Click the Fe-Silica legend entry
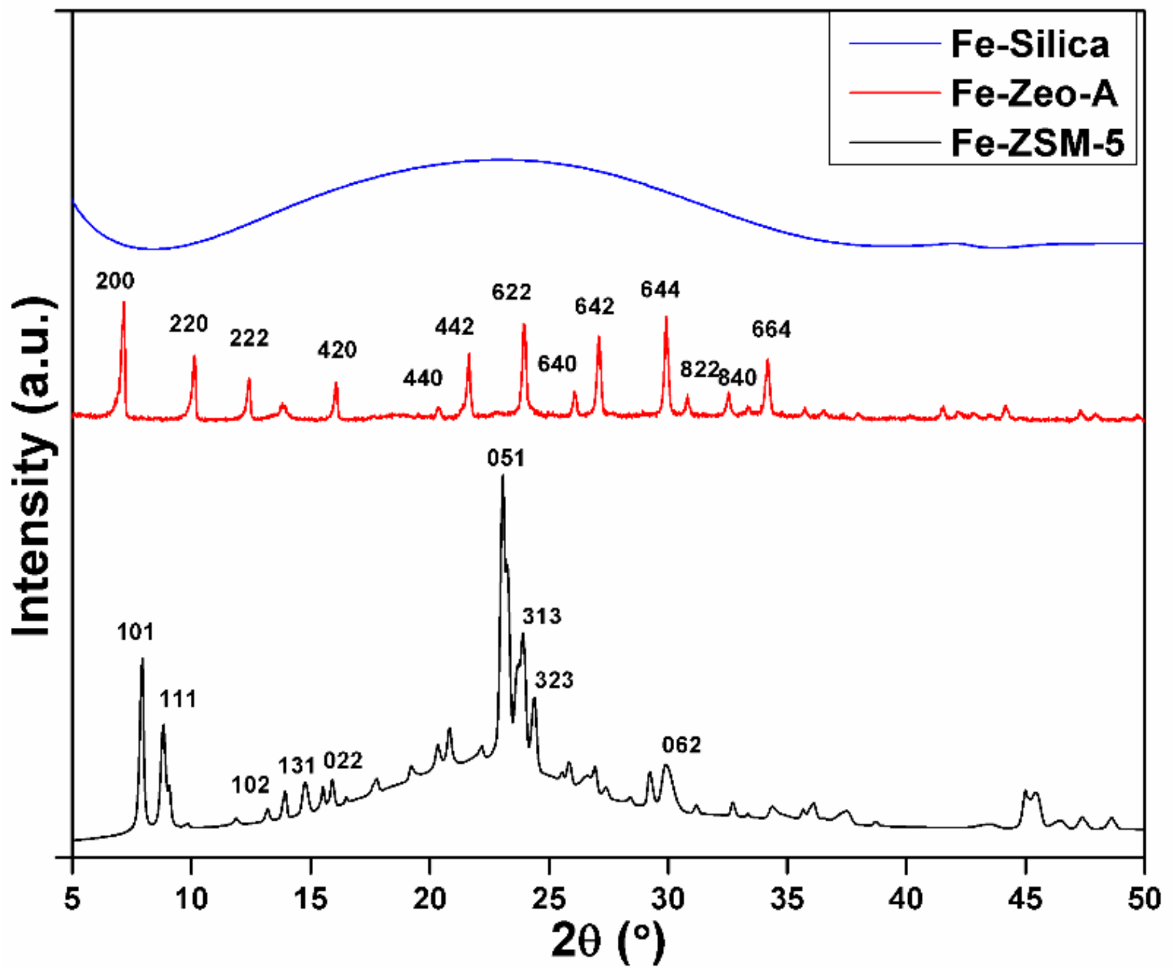[x=1030, y=44]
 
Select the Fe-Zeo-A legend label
[x=1034, y=93]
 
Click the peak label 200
[x=115, y=281]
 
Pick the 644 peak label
[x=660, y=290]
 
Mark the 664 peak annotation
[x=771, y=330]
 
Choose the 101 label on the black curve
[x=136, y=632]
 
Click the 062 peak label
[x=682, y=744]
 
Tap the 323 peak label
[x=554, y=680]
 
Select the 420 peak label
[x=337, y=350]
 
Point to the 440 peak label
[x=423, y=379]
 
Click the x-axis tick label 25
[x=549, y=900]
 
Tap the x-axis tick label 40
[x=907, y=900]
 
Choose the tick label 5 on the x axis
[x=72, y=900]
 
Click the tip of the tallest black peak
[x=502, y=475]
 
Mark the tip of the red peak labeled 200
[x=124, y=302]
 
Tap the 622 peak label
[x=511, y=293]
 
